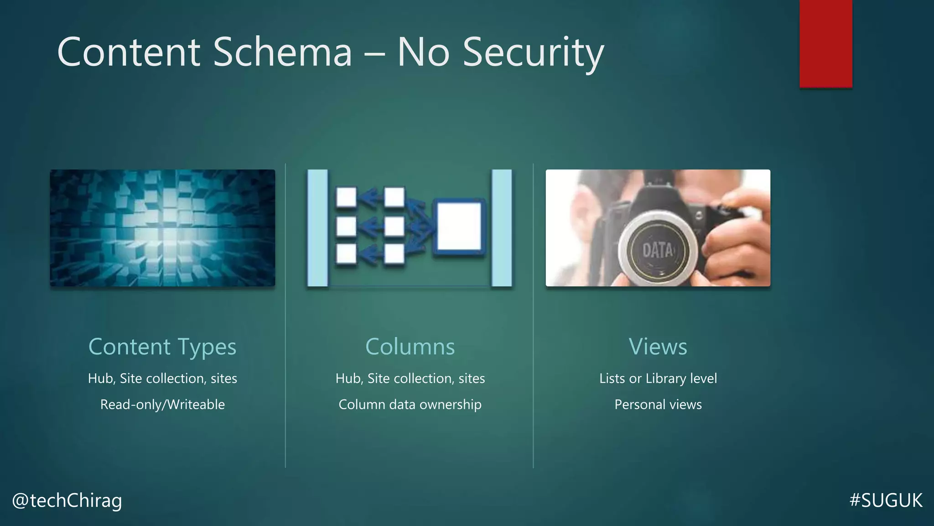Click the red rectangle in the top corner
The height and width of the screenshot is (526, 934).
tap(825, 43)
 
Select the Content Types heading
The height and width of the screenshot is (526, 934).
tap(162, 347)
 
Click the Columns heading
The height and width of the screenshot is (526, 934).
tap(410, 347)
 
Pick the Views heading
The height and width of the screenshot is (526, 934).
tap(658, 347)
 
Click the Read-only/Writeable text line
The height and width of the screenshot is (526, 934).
tap(162, 405)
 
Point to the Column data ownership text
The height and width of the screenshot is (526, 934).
tap(410, 405)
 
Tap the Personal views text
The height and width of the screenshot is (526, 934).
tap(658, 405)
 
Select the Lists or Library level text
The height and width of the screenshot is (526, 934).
tap(658, 379)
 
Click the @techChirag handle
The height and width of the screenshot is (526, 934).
tap(67, 500)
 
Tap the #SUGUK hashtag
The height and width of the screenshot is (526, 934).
tap(886, 500)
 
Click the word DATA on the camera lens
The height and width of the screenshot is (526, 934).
tap(657, 250)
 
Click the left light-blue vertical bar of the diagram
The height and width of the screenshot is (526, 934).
tap(317, 228)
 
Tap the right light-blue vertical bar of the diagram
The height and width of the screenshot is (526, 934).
tap(502, 228)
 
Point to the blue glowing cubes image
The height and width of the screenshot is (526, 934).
tap(162, 228)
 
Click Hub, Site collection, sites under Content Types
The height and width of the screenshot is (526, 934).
tap(162, 379)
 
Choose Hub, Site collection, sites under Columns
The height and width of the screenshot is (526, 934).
tap(410, 379)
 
